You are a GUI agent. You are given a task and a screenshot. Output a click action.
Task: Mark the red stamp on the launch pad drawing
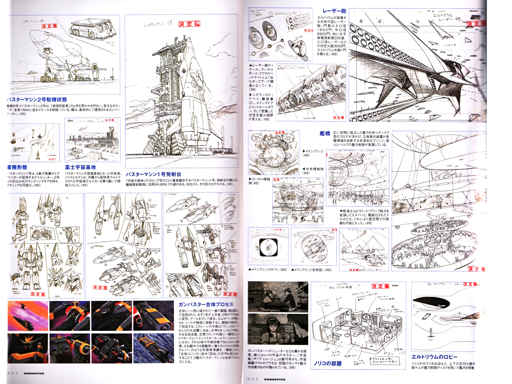[x=189, y=24]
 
